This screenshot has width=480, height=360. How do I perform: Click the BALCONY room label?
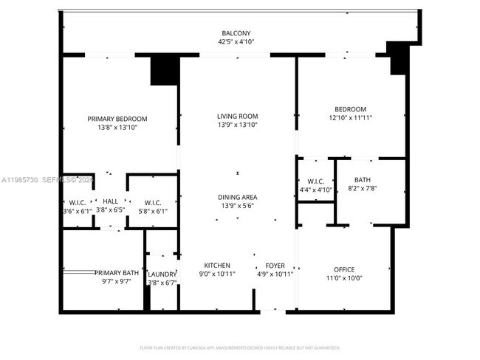click(237, 33)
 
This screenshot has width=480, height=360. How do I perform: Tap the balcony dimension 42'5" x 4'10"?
click(237, 42)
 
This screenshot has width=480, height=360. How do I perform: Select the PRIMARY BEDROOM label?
click(117, 119)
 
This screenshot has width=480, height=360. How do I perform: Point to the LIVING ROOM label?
click(237, 116)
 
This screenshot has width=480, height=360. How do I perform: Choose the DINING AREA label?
click(237, 197)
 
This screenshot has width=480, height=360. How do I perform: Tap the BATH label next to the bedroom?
click(363, 180)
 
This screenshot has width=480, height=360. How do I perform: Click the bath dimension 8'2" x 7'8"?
click(363, 189)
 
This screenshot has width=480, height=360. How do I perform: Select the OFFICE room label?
click(344, 269)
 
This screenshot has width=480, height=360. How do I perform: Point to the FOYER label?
click(275, 266)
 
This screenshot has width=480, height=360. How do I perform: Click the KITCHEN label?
click(217, 266)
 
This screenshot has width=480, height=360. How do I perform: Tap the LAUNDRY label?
click(162, 274)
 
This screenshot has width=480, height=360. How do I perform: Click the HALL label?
click(111, 201)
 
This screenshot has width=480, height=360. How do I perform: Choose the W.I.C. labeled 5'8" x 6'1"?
click(153, 202)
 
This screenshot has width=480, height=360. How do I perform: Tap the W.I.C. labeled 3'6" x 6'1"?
click(77, 202)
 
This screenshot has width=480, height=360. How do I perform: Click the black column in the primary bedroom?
click(165, 71)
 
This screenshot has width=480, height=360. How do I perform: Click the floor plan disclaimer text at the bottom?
click(240, 347)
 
